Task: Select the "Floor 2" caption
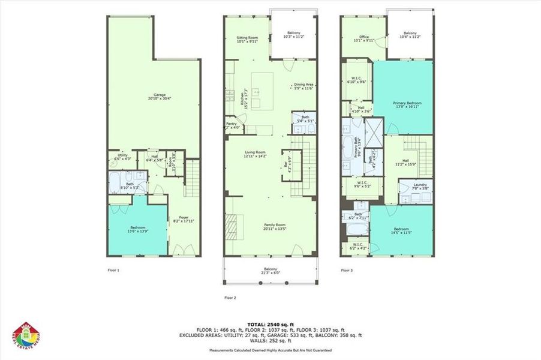230,298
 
